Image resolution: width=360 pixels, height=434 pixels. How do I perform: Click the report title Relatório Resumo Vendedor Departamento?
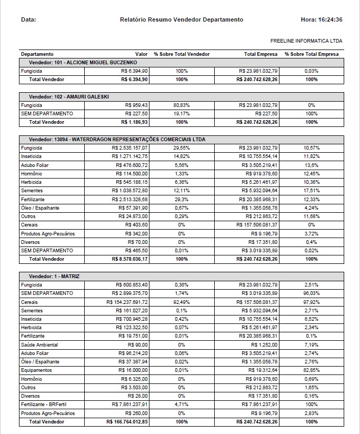click(182, 20)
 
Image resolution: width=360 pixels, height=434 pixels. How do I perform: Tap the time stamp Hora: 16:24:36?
click(322, 20)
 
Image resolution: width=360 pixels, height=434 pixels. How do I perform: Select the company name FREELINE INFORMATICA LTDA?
click(306, 41)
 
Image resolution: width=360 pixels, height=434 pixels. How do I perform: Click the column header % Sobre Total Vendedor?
click(182, 54)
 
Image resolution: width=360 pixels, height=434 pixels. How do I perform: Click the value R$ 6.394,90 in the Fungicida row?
click(134, 71)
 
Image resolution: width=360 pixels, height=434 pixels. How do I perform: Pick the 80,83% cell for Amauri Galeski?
click(182, 105)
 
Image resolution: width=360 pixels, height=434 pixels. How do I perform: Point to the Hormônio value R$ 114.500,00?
click(132, 174)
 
